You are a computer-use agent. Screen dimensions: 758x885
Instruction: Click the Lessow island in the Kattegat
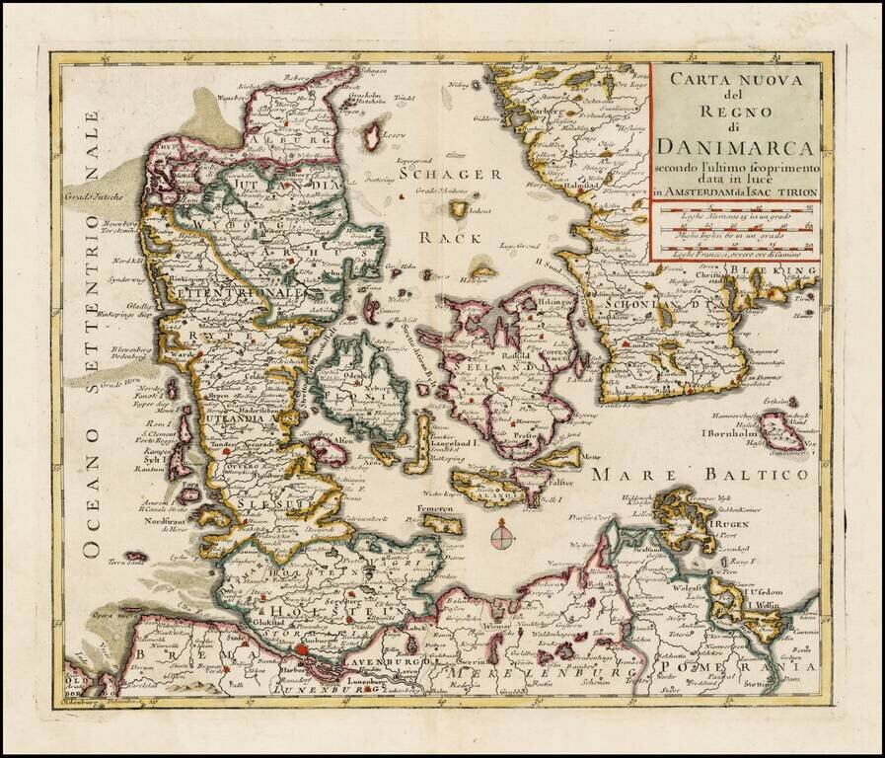tap(373, 135)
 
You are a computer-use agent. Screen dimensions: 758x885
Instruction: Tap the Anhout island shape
tap(459, 209)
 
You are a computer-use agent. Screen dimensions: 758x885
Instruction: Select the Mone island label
tap(592, 457)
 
